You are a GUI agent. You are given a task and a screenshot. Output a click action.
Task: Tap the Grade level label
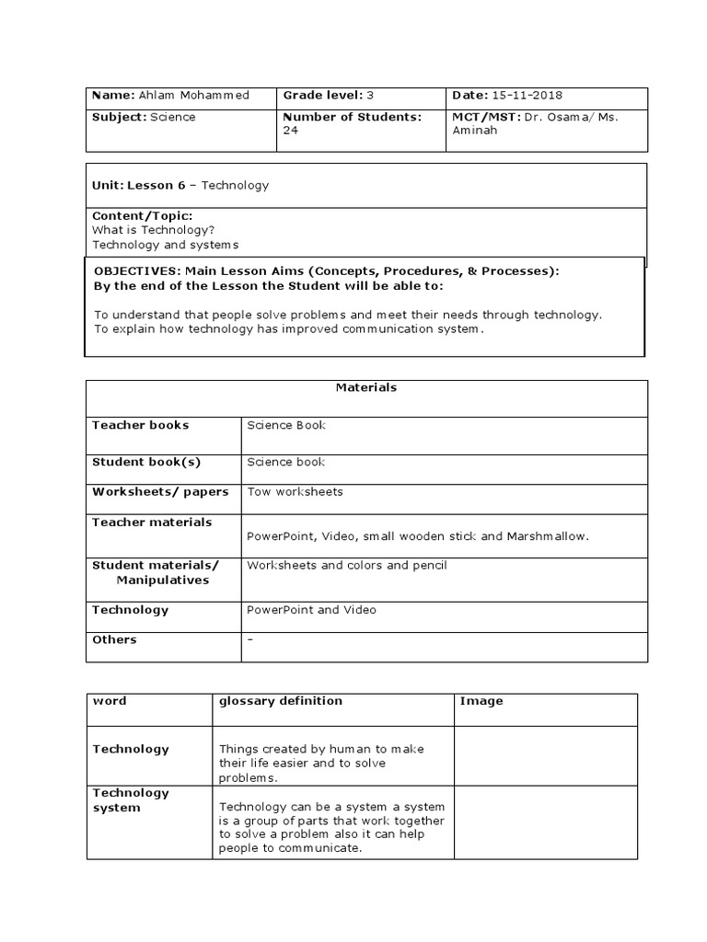click(319, 96)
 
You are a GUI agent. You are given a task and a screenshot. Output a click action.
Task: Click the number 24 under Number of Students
click(290, 131)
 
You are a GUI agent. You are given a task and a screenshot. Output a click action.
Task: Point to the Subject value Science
click(174, 117)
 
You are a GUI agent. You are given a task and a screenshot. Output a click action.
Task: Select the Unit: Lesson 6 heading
click(140, 185)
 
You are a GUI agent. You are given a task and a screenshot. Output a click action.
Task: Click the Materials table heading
click(366, 387)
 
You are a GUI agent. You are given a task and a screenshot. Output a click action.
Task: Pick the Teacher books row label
click(141, 425)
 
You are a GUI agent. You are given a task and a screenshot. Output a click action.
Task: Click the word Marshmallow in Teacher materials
click(547, 535)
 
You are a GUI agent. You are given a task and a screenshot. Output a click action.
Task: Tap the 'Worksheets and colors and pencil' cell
click(346, 565)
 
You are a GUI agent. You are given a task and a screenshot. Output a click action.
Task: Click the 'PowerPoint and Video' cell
click(311, 609)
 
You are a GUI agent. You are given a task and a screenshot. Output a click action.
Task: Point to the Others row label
click(114, 639)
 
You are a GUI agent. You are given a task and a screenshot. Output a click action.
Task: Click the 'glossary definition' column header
click(280, 701)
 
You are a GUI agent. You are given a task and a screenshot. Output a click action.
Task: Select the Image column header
click(481, 701)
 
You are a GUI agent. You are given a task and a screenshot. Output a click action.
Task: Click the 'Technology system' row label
click(131, 800)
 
